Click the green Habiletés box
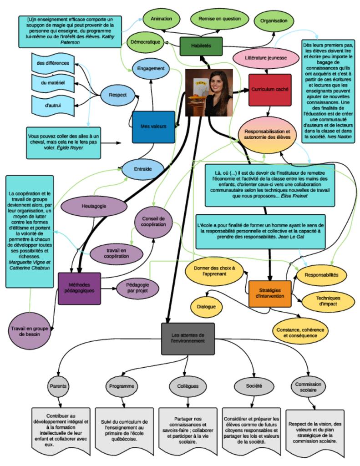[x=201, y=46]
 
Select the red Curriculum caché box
[x=270, y=90]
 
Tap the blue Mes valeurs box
[x=153, y=126]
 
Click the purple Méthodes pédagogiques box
[x=79, y=287]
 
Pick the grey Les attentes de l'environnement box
[x=188, y=338]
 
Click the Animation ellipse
[x=161, y=20]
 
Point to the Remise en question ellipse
[x=219, y=20]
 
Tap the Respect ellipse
[x=117, y=95]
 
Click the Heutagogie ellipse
[x=94, y=206]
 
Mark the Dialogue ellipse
[x=207, y=306]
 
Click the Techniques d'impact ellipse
[x=328, y=301]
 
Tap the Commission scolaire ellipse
[x=308, y=387]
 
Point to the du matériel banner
[x=53, y=83]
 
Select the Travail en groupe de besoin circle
[x=29, y=330]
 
